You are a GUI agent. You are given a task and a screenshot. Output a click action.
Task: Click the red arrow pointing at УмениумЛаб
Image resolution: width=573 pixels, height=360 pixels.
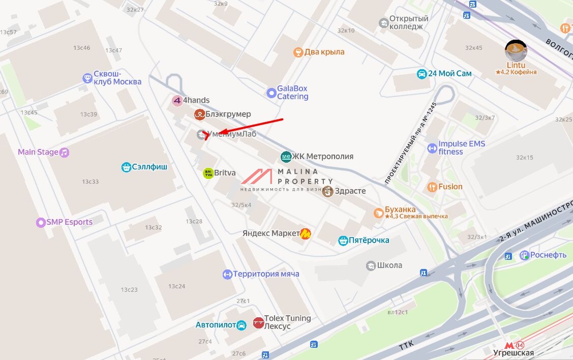click(x=244, y=127)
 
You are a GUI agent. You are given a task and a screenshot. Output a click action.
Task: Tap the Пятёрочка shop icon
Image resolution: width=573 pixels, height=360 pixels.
click(x=343, y=241)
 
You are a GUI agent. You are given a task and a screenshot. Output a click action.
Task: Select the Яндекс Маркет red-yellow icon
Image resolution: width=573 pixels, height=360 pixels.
click(x=306, y=233)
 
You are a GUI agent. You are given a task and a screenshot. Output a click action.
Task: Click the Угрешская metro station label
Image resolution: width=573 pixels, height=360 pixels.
click(x=514, y=352)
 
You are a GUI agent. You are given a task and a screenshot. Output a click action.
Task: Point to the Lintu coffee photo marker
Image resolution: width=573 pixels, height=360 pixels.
click(x=516, y=51)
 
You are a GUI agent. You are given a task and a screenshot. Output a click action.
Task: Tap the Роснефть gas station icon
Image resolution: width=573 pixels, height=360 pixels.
click(x=524, y=255)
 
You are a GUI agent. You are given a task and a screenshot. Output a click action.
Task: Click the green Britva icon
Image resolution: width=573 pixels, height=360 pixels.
click(x=208, y=173)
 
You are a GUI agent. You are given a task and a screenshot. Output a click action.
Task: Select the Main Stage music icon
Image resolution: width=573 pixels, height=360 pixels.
click(x=64, y=152)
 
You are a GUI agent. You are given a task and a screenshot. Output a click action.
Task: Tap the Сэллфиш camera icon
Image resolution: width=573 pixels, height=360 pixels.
click(x=126, y=167)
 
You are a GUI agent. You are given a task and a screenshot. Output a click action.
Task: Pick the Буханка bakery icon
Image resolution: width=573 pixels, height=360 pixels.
click(x=378, y=213)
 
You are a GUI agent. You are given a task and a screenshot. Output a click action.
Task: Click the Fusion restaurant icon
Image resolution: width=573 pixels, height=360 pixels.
click(x=432, y=187)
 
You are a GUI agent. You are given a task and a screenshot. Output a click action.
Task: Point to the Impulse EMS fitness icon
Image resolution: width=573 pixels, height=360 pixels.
click(x=432, y=148)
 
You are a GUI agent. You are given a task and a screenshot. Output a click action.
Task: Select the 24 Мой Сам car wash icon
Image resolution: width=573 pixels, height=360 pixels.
click(x=421, y=74)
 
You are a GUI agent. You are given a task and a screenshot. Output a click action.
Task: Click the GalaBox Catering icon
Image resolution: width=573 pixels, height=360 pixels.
click(x=272, y=93)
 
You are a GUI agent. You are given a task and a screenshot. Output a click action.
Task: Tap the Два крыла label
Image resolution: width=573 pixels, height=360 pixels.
click(x=324, y=52)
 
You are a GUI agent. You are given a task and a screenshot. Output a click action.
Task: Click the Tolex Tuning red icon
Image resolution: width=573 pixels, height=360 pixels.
click(x=258, y=322)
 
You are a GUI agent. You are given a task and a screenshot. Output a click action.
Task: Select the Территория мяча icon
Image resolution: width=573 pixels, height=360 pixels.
click(x=227, y=275)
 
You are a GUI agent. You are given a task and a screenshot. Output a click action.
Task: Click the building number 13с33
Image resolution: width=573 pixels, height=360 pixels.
click(x=91, y=182)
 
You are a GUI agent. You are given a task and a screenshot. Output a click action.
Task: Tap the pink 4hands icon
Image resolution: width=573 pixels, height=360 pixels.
click(x=177, y=101)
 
